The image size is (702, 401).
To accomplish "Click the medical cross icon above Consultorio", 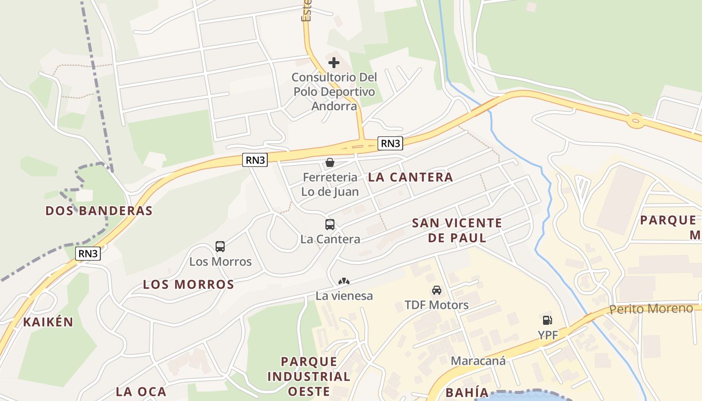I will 333,63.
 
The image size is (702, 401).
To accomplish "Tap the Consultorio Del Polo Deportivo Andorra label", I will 334,92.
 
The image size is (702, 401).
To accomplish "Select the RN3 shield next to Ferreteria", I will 255,160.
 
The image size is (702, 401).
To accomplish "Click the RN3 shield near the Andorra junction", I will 391,143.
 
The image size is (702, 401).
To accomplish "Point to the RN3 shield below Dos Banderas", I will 88,254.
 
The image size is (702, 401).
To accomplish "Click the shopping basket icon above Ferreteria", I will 330,162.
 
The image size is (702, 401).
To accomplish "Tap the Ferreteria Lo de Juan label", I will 330,184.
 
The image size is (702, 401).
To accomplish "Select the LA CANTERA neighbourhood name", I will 410,177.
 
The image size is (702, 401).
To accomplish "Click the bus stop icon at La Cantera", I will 330,225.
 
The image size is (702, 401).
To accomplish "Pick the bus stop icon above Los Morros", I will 220,247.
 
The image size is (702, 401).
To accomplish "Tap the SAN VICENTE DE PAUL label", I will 457,230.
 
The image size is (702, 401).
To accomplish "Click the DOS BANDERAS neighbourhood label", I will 99,211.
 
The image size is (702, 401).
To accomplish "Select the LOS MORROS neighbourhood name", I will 189,285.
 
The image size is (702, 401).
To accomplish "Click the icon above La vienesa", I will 344,281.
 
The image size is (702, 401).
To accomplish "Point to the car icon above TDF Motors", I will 437,290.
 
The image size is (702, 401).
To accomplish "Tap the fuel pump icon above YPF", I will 547,320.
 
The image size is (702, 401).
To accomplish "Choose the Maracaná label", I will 478,360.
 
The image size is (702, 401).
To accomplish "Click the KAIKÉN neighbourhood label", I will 48,322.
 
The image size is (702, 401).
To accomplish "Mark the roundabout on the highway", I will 636,120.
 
